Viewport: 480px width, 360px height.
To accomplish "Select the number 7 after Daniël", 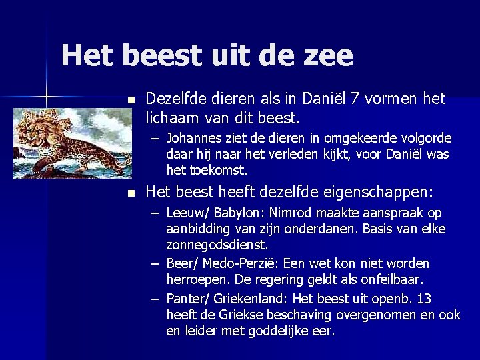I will [356, 99].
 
